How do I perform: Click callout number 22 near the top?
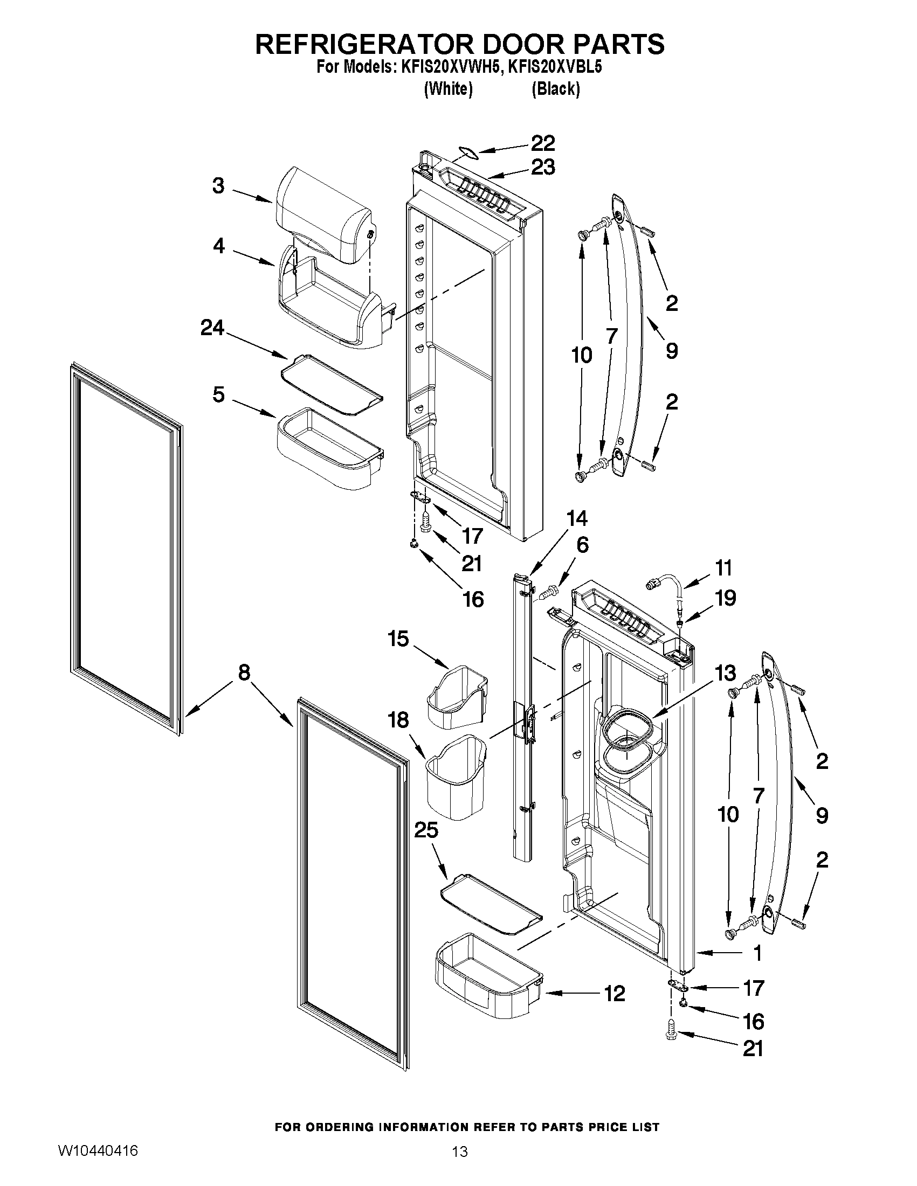pyautogui.click(x=543, y=143)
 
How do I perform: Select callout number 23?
pyautogui.click(x=543, y=167)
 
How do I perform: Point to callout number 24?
pyautogui.click(x=212, y=328)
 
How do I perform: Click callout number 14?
pyautogui.click(x=576, y=518)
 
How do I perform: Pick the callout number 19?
pyautogui.click(x=725, y=598)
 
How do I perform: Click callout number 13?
pyautogui.click(x=725, y=673)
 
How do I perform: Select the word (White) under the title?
pyautogui.click(x=447, y=88)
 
